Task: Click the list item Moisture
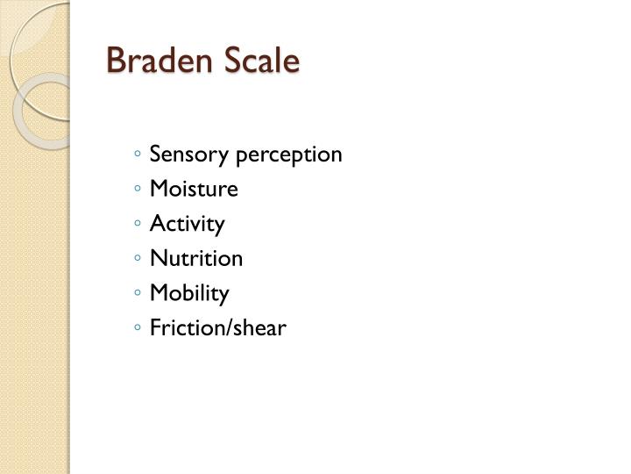pyautogui.click(x=194, y=190)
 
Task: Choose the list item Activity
pyautogui.click(x=187, y=225)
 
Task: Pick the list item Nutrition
pyautogui.click(x=196, y=259)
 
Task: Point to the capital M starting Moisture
pyautogui.click(x=159, y=190)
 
